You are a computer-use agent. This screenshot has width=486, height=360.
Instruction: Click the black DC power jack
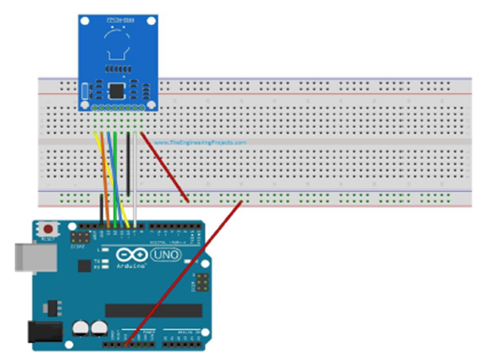click(40, 332)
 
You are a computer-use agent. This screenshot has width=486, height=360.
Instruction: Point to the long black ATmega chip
click(150, 310)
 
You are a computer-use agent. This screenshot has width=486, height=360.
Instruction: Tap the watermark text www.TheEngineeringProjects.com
click(207, 143)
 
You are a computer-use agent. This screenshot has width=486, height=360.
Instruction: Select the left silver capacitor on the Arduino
click(81, 328)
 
